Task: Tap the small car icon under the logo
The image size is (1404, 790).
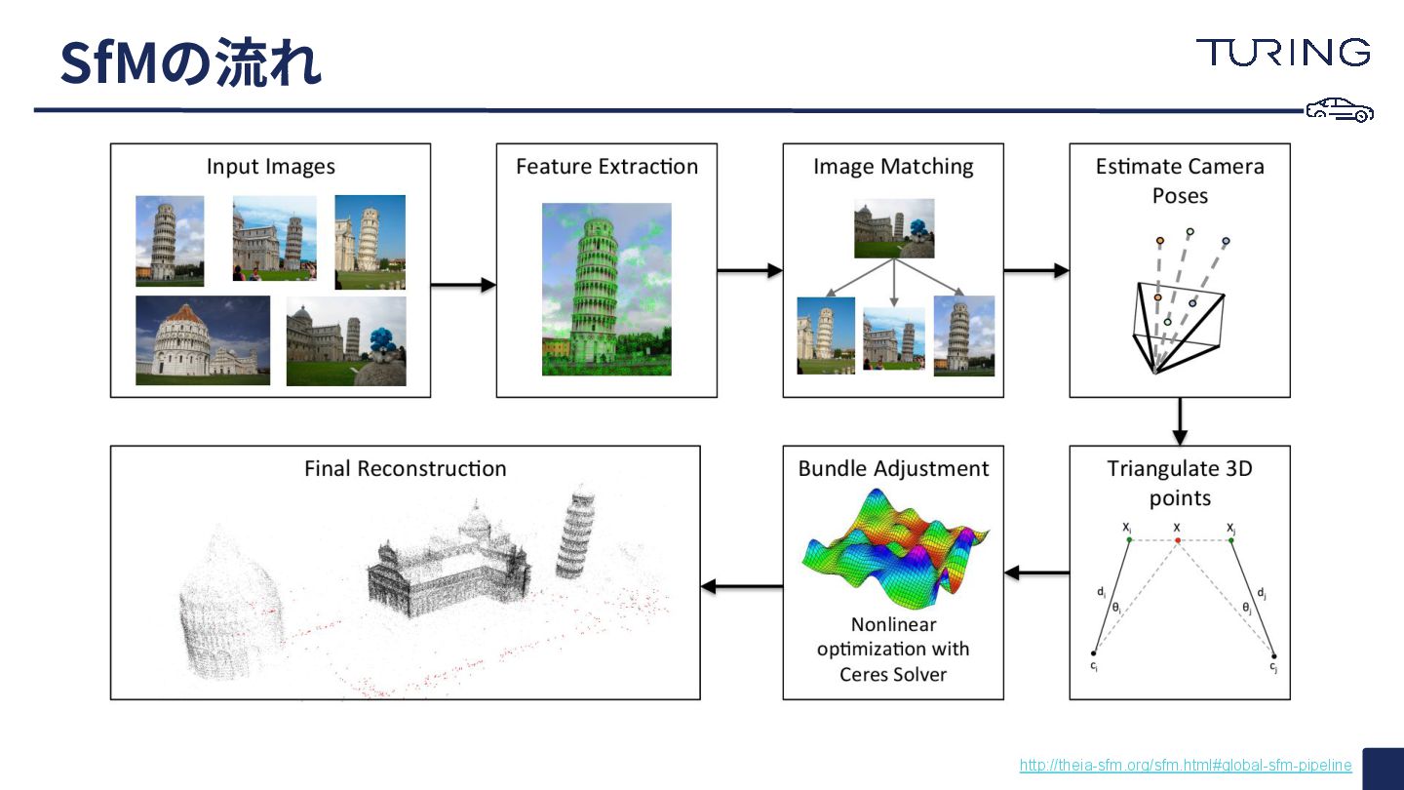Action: pos(1340,110)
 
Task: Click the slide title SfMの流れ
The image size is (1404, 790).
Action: pos(190,62)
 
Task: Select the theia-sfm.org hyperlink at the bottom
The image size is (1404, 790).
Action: pos(1186,766)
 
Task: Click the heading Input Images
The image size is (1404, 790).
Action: pos(270,167)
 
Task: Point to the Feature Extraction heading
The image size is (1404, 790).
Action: pos(606,167)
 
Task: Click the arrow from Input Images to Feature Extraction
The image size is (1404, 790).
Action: pos(463,285)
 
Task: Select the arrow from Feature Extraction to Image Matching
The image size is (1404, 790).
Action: pos(750,270)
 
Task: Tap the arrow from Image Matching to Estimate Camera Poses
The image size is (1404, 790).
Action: pos(1036,270)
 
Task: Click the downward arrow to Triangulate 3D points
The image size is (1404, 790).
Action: pos(1179,421)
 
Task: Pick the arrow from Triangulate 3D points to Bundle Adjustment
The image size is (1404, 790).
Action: pos(1036,573)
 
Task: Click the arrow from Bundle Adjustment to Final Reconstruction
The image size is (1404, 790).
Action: pos(741,586)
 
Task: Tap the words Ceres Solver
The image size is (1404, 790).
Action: pos(893,674)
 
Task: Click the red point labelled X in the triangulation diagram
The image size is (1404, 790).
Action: pos(1178,539)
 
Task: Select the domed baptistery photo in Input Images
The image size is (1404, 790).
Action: pos(203,340)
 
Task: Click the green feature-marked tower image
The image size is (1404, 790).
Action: pos(606,289)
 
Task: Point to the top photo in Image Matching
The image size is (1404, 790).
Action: pos(894,228)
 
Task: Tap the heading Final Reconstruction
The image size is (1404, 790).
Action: pos(405,469)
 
